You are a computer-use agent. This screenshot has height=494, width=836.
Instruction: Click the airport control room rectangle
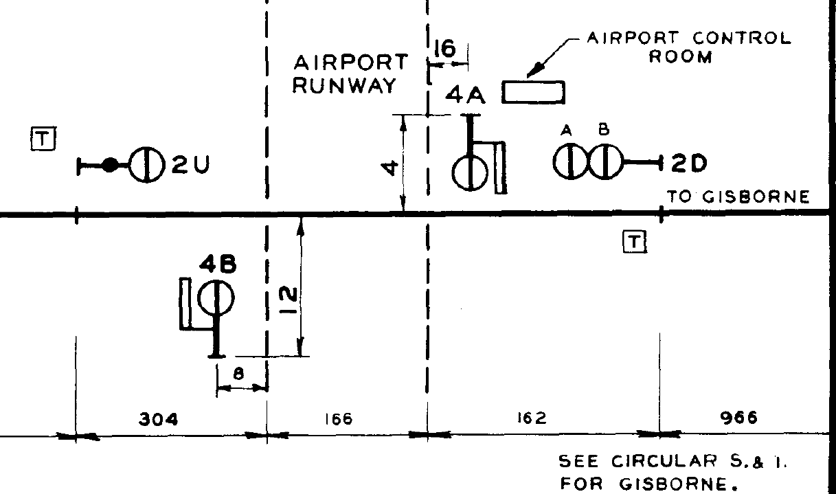point(534,91)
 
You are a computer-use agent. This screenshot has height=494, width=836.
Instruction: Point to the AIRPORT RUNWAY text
point(350,74)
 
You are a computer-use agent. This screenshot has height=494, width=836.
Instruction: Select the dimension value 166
point(338,418)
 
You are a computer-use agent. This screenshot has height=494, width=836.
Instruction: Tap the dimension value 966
point(741,418)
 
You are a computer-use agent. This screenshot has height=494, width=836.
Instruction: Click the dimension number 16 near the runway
point(445,49)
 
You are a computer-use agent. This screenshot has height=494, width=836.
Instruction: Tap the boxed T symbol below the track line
point(634,241)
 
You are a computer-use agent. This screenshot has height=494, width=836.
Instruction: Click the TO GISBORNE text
point(738,198)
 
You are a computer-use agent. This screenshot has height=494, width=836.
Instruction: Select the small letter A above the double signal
point(567,130)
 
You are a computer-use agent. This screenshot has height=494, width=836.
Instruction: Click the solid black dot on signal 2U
point(109,165)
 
